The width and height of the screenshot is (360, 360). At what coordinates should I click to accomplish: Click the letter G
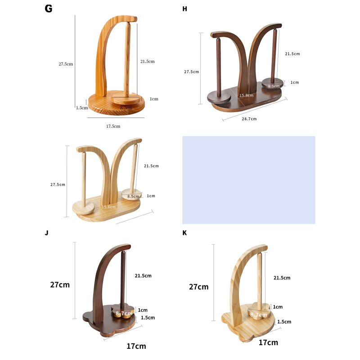49,9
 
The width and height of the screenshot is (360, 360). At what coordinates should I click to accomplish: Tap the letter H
184,9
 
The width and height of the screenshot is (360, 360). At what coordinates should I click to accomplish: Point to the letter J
47,233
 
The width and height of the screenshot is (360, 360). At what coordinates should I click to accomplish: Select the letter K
184,233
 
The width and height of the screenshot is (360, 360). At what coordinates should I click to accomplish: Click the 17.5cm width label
113,126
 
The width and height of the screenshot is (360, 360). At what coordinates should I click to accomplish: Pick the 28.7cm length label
249,119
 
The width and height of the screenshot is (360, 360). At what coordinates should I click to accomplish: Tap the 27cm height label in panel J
60,285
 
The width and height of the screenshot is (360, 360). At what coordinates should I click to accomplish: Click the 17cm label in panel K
268,342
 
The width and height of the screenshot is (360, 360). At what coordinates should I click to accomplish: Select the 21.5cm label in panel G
147,61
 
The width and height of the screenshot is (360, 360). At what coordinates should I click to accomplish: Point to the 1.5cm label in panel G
81,108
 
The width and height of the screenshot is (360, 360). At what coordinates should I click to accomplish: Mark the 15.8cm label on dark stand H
246,95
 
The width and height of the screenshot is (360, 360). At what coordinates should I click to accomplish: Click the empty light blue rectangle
248,180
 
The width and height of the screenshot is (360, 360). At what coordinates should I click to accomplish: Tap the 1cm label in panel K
278,307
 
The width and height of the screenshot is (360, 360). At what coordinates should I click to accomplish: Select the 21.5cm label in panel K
282,278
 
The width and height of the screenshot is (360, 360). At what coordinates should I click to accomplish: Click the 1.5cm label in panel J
148,317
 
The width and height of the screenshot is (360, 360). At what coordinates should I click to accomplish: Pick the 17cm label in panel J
136,346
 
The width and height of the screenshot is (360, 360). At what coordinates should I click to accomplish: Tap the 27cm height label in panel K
199,287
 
